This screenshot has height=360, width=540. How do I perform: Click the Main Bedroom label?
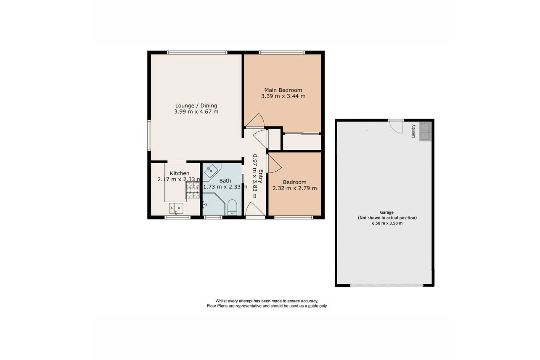(283, 90)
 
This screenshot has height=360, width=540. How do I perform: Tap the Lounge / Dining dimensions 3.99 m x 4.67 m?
(196, 111)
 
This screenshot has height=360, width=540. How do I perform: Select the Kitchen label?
(180, 173)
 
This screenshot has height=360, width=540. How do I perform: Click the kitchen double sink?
(176, 208)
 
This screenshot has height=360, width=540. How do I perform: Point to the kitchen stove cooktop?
(193, 190)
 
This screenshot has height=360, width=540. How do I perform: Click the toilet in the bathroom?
(233, 207)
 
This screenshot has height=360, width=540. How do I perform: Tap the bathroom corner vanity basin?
(212, 171)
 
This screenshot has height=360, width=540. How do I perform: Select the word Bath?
(225, 180)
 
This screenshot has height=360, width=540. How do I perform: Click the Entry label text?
(261, 176)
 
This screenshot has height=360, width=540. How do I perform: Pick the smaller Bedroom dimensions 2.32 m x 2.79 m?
(294, 188)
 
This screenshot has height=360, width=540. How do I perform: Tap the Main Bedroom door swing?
(255, 120)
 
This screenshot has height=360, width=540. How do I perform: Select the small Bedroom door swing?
(275, 164)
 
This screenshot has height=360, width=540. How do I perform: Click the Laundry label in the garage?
(413, 131)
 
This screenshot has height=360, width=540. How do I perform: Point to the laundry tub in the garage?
(425, 131)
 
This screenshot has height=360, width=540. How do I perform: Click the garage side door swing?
(396, 127)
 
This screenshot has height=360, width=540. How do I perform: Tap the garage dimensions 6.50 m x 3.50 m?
(387, 223)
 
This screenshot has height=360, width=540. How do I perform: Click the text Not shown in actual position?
(387, 218)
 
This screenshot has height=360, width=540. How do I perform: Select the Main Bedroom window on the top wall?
(282, 52)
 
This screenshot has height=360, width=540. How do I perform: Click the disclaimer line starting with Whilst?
(267, 301)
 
